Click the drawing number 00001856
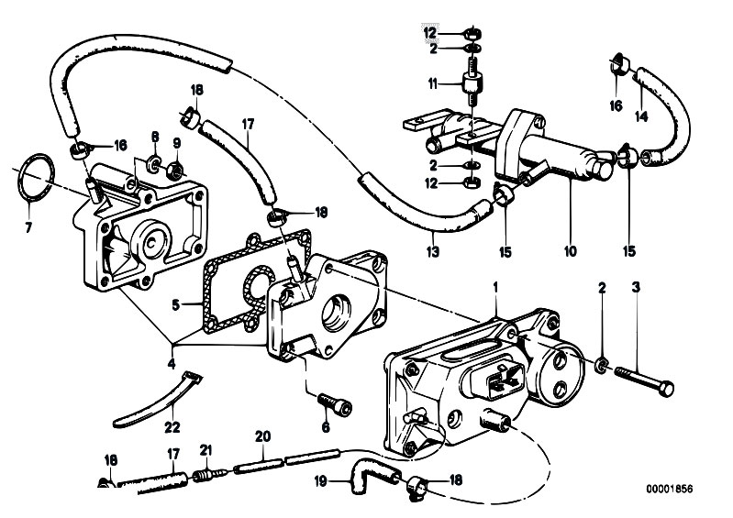(670, 489)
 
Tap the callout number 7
(28, 228)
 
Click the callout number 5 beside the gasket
(176, 305)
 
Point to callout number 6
(326, 427)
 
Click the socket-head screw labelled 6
(335, 403)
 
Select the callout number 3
(636, 287)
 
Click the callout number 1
(496, 287)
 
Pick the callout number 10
(571, 251)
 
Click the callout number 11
(432, 84)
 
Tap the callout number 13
(433, 251)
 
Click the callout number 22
(172, 426)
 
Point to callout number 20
(262, 436)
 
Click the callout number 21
(206, 450)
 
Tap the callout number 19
(320, 481)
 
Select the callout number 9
(177, 143)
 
